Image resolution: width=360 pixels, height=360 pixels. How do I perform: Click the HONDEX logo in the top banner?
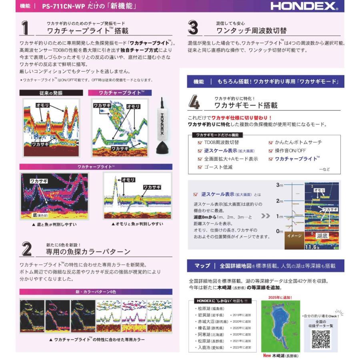(304, 6)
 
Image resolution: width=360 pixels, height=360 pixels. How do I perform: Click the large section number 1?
(26, 28)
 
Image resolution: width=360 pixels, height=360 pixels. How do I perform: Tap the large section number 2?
(26, 249)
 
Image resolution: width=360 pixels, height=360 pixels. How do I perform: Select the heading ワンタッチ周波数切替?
(251, 31)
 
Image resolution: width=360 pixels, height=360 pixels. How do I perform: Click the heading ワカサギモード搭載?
(246, 106)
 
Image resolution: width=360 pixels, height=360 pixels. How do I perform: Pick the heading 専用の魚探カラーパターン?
(88, 252)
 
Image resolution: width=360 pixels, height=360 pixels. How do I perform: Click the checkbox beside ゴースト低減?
(200, 167)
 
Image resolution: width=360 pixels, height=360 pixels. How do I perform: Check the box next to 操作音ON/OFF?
(271, 150)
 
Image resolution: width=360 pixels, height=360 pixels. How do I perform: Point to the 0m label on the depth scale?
(280, 231)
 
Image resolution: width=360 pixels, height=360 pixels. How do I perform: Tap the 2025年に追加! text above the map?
(280, 297)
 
